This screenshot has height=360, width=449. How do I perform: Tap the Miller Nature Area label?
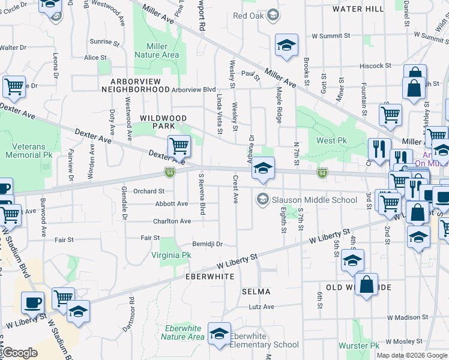click(x=162, y=50)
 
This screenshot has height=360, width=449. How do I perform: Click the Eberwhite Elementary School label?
click(x=264, y=340)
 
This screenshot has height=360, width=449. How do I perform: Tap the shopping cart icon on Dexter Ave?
click(x=179, y=146)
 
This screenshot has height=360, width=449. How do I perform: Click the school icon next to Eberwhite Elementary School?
click(x=220, y=334)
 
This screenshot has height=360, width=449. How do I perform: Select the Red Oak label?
click(x=248, y=16)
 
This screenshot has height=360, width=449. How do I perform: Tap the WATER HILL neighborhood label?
click(x=358, y=9)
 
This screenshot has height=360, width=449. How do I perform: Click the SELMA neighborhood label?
click(x=256, y=291)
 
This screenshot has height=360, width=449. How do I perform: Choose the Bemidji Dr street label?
click(x=208, y=244)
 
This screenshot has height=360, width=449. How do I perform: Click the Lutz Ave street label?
click(x=261, y=307)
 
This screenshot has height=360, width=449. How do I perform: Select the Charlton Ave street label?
click(x=172, y=221)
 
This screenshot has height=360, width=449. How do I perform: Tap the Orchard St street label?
click(x=149, y=191)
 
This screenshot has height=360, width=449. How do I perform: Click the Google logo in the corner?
click(x=20, y=353)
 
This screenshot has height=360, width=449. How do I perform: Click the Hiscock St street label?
click(x=375, y=65)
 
